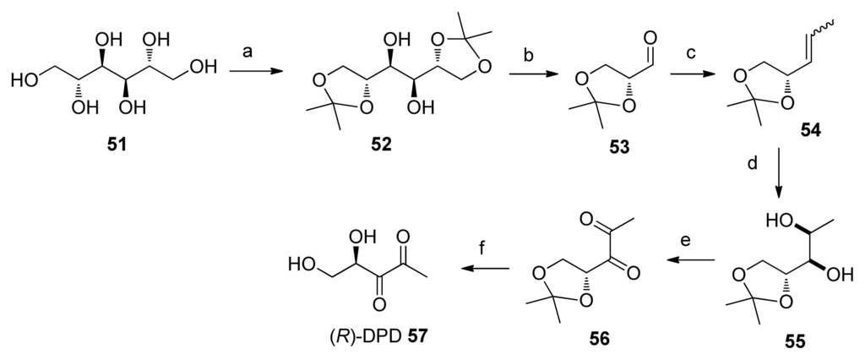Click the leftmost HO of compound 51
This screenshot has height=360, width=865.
23,80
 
